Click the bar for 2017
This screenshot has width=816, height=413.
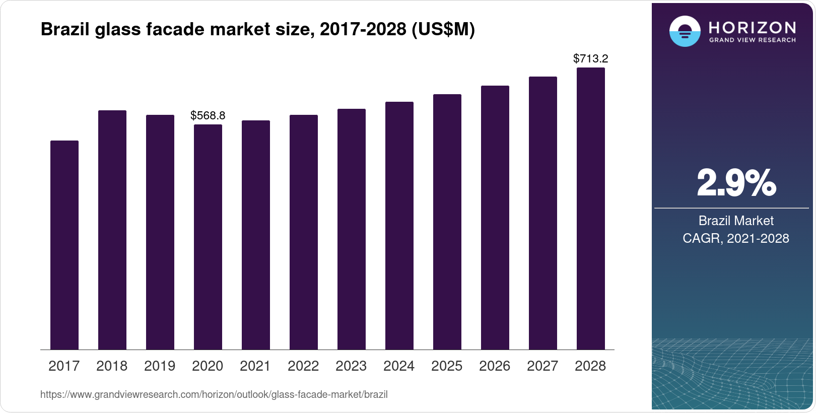pyautogui.click(x=64, y=245)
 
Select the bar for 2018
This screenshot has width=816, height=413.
pyautogui.click(x=112, y=230)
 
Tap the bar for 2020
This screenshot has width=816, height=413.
pyautogui.click(x=208, y=237)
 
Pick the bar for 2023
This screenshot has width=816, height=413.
pyautogui.click(x=352, y=229)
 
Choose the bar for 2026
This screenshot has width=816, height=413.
pyautogui.click(x=495, y=218)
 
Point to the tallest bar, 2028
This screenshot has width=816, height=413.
pyautogui.click(x=591, y=209)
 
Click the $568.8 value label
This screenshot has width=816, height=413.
pyautogui.click(x=208, y=115)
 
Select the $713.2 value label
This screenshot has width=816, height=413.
pyautogui.click(x=591, y=58)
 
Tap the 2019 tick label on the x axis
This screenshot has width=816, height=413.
pyautogui.click(x=160, y=366)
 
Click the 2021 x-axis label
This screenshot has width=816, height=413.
pyautogui.click(x=255, y=366)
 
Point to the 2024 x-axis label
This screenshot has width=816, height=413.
pyautogui.click(x=399, y=366)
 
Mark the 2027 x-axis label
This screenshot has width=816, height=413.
pyautogui.click(x=542, y=366)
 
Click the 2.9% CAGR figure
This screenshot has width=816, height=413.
pyautogui.click(x=736, y=183)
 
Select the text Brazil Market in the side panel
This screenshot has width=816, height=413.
pyautogui.click(x=736, y=221)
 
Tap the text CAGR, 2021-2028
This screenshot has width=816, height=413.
pyautogui.click(x=736, y=238)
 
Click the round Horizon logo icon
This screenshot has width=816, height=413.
pyautogui.click(x=685, y=31)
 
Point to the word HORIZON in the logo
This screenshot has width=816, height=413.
pyautogui.click(x=752, y=27)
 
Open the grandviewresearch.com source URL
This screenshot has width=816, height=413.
pyautogui.click(x=214, y=395)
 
